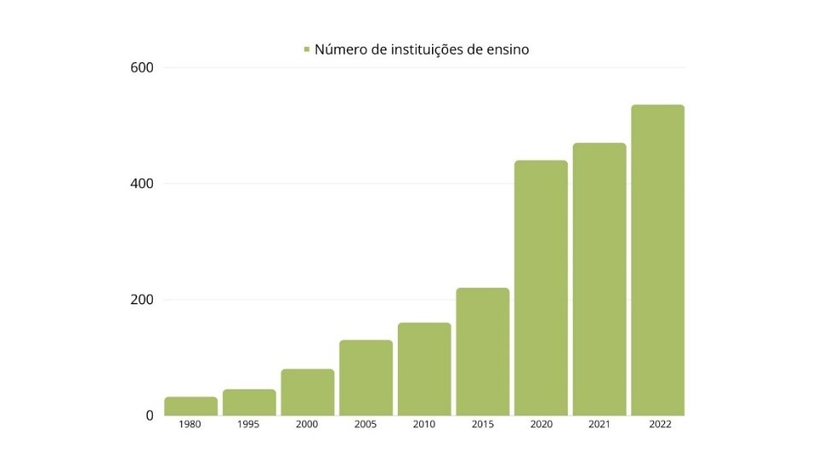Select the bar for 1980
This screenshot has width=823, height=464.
190,406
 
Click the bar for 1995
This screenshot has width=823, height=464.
249,402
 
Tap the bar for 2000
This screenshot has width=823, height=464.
307,392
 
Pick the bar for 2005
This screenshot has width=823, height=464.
365,378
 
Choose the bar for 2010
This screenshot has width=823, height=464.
424,369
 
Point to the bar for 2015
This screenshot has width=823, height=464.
482,351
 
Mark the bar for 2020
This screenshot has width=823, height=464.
540,288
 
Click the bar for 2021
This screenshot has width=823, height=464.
599,279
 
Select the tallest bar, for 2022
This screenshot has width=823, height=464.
657,260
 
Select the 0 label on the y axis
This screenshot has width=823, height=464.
149,416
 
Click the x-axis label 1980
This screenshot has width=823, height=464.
190,425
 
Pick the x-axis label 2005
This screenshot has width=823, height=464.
365,425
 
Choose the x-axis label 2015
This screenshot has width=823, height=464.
482,425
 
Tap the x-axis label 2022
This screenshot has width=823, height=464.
657,425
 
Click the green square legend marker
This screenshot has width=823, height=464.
306,50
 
